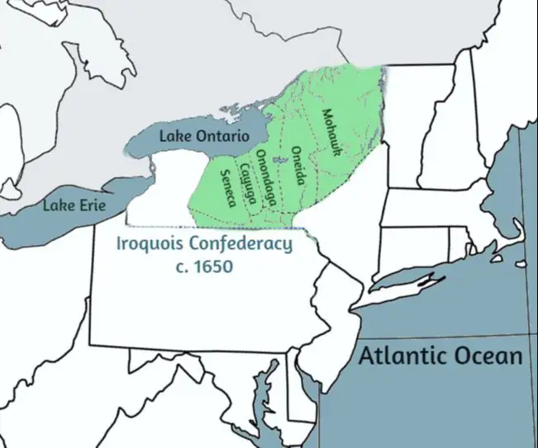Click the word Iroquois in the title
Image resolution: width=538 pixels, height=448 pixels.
coord(150,245)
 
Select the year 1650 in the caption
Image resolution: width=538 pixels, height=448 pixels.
coord(214,267)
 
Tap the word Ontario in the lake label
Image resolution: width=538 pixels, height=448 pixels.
coord(222,135)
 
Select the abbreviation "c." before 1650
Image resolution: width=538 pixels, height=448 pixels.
coord(183,267)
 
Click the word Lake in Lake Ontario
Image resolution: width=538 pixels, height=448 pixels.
coord(175,135)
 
